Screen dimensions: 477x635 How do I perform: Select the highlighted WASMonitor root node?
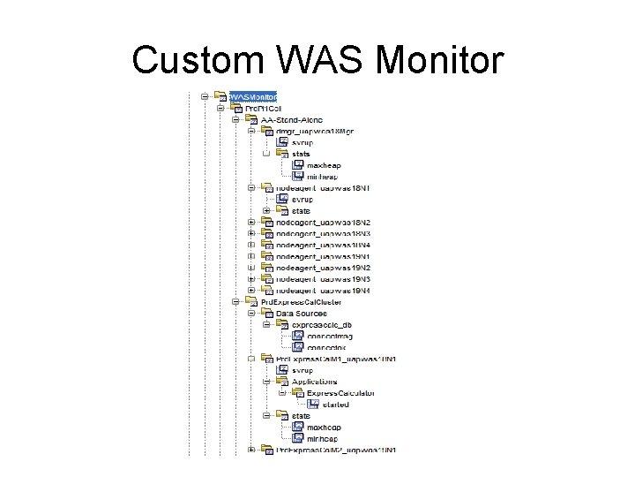[253, 96]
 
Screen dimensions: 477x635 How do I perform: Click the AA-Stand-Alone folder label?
[290, 119]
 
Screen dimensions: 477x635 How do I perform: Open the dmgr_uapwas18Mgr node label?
[313, 131]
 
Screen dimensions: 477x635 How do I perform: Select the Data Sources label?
[301, 314]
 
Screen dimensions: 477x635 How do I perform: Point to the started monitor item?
[334, 405]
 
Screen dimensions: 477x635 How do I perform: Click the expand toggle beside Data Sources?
[251, 314]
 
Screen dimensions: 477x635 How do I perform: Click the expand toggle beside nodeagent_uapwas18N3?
[251, 233]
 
